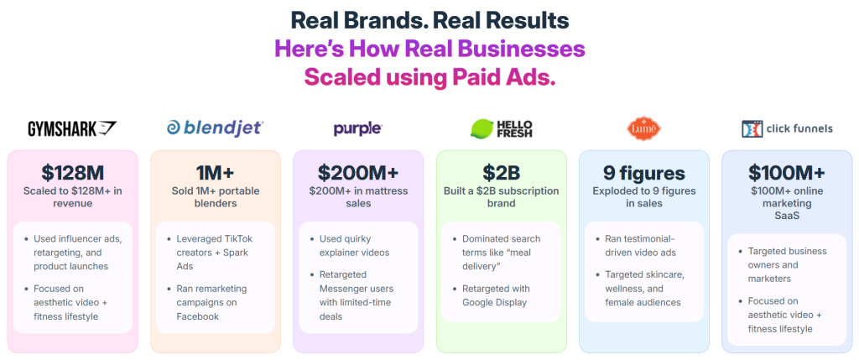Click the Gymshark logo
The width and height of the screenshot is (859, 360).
coord(72,128)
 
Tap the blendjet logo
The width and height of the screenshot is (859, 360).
coord(215,128)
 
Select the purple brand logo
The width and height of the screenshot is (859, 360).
coord(357,128)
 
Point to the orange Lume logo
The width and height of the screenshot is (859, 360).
coord(644,128)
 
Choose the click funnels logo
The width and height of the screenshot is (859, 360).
coord(787,128)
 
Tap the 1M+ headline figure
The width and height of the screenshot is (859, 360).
coord(215,174)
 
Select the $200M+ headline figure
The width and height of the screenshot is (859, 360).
coord(357,174)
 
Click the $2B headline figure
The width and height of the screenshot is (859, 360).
coord(501,174)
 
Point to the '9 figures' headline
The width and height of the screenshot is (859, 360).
coord(643,174)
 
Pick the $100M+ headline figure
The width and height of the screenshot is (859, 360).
coord(787,174)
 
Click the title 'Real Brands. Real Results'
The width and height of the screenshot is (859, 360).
coord(429,20)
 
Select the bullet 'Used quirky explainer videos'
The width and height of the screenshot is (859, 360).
coord(362,246)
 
